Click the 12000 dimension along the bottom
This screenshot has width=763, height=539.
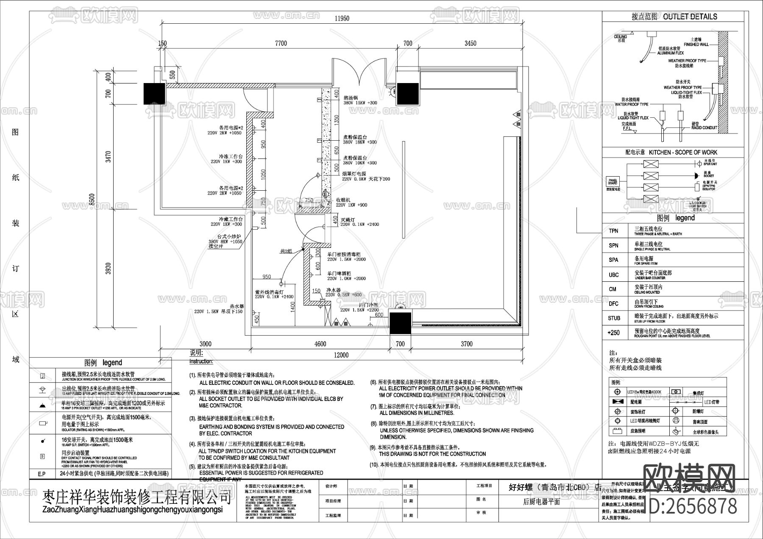pyautogui.click(x=340, y=355)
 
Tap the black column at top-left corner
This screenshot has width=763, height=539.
pyautogui.click(x=154, y=93)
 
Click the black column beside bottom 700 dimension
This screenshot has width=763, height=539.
pyautogui.click(x=401, y=323)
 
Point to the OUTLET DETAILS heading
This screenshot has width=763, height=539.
pyautogui.click(x=674, y=17)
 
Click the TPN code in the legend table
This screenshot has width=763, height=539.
pyautogui.click(x=613, y=231)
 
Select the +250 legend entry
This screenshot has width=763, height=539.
pyautogui.click(x=613, y=333)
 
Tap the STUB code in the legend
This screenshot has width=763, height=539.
pyautogui.click(x=614, y=318)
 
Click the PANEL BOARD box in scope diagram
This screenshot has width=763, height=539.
pyautogui.click(x=613, y=182)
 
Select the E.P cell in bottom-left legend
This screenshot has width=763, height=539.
pyautogui.click(x=41, y=473)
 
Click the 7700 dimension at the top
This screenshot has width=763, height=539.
pyautogui.click(x=281, y=43)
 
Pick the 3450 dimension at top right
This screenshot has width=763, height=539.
pyautogui.click(x=470, y=43)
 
